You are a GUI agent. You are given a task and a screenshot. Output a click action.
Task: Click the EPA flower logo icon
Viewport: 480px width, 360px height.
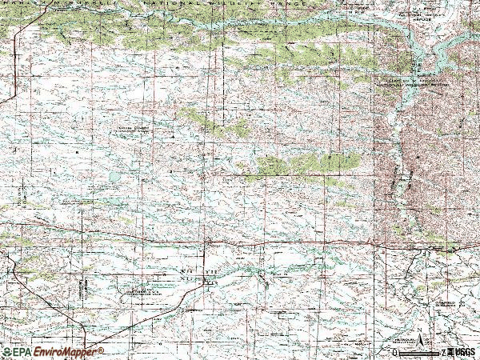pyautogui.click(x=6, y=352)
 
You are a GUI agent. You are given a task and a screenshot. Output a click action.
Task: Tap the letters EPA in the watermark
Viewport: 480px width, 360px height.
pyautogui.click(x=21, y=352)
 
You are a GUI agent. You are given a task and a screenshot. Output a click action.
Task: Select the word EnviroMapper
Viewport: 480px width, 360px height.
pyautogui.click(x=64, y=352)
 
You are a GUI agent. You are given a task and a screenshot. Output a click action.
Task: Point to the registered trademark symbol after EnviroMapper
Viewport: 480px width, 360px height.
pyautogui.click(x=102, y=349)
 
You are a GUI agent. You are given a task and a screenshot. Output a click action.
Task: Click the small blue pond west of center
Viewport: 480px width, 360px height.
pyautogui.click(x=114, y=175)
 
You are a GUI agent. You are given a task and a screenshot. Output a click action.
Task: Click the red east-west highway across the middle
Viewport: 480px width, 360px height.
pyautogui.click(x=240, y=239)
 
